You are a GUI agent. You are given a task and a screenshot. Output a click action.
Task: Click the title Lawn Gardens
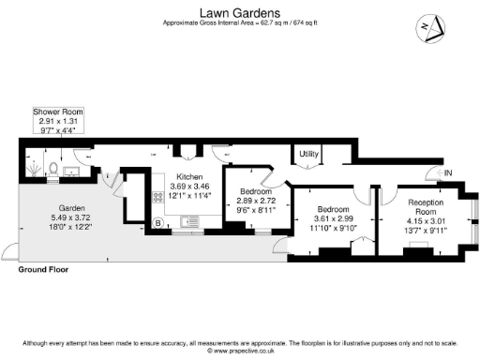click(x=239, y=10)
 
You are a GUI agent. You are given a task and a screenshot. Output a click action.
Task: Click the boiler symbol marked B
click(x=158, y=222)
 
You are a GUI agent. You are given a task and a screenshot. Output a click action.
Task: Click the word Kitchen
click(x=190, y=176)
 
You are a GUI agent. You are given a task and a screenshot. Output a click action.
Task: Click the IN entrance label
click(x=448, y=172)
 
